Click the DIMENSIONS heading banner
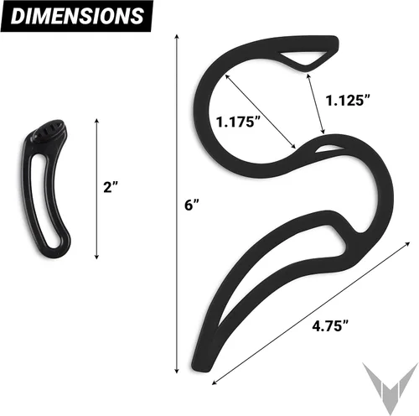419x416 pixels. tap(77, 16)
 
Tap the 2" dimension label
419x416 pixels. tap(111, 187)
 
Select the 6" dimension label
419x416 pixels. tap(192, 205)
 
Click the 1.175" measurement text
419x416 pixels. tap(238, 122)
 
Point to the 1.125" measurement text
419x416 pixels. tap(348, 100)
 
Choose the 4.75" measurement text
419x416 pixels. tap(330, 325)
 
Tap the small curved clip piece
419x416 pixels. tap(45, 188)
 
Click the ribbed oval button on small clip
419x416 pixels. tap(50, 130)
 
